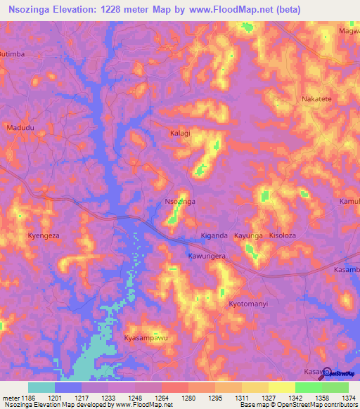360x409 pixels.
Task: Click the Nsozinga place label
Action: (x=179, y=202)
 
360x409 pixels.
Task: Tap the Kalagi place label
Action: (x=181, y=133)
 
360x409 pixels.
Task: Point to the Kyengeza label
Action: (x=44, y=235)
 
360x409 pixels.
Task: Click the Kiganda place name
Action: (x=214, y=235)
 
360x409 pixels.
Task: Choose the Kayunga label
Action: (x=248, y=235)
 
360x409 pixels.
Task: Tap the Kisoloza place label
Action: (x=283, y=235)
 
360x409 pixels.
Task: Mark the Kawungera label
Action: (x=206, y=257)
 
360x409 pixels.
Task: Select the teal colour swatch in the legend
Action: (x=41, y=387)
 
